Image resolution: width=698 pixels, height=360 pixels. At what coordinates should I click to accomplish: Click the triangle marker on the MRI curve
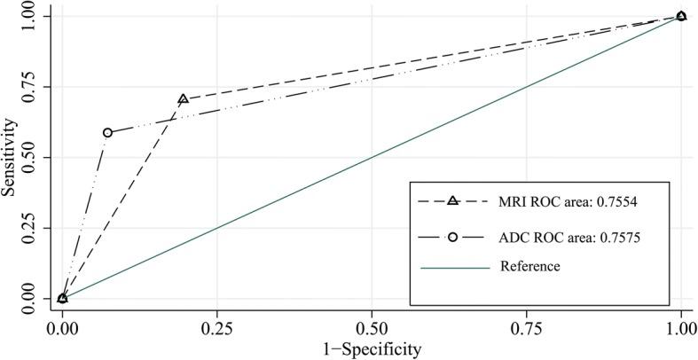(183, 99)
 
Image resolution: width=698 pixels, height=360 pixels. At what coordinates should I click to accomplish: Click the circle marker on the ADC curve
(107, 133)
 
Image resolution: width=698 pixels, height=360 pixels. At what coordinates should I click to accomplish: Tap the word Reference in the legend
(529, 265)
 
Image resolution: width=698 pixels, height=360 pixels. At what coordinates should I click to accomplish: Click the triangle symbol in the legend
(452, 201)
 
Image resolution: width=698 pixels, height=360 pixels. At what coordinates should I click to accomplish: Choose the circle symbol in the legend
(452, 237)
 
